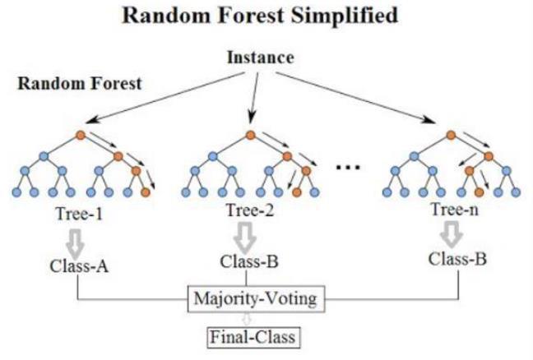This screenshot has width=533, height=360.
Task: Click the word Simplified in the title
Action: coord(344,16)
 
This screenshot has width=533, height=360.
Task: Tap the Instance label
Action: coord(261,57)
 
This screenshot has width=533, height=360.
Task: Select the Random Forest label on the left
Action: coord(80,83)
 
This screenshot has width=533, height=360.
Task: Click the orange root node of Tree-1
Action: coord(81,135)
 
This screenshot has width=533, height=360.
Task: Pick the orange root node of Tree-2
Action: coord(251,135)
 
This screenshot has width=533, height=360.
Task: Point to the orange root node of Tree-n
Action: coord(451,135)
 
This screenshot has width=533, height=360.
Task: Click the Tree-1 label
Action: coord(79,214)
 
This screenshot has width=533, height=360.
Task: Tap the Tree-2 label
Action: coord(250,210)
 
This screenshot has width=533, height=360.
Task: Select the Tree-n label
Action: coord(455,209)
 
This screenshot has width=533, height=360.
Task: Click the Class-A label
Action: coord(79,266)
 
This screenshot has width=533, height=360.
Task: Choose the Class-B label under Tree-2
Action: coord(249,261)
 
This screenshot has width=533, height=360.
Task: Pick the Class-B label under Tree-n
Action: coord(457,259)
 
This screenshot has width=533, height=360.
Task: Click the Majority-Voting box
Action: coord(257,299)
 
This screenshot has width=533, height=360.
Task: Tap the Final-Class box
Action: coord(253,337)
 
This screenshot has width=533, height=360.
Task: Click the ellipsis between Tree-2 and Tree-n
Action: coord(348,167)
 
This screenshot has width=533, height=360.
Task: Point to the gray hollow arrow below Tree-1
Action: coord(76,243)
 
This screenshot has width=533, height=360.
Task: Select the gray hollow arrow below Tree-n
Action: coord(451,235)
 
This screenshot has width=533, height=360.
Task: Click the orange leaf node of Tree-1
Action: coord(146,192)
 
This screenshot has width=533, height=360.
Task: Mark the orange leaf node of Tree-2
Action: coord(297,192)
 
